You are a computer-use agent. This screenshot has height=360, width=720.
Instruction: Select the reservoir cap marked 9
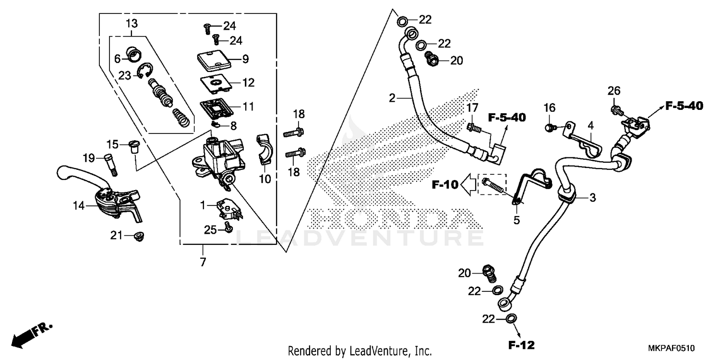[x=214, y=61]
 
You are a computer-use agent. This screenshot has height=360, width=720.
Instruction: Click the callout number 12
[x=248, y=83]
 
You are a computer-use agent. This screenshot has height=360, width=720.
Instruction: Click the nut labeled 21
[x=140, y=236]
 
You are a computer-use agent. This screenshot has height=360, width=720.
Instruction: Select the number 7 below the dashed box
[x=203, y=262]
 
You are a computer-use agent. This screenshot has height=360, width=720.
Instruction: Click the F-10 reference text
[x=444, y=183]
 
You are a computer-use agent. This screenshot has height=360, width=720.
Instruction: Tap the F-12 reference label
[x=522, y=345]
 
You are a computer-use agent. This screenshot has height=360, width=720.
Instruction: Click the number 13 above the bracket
[x=132, y=23]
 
